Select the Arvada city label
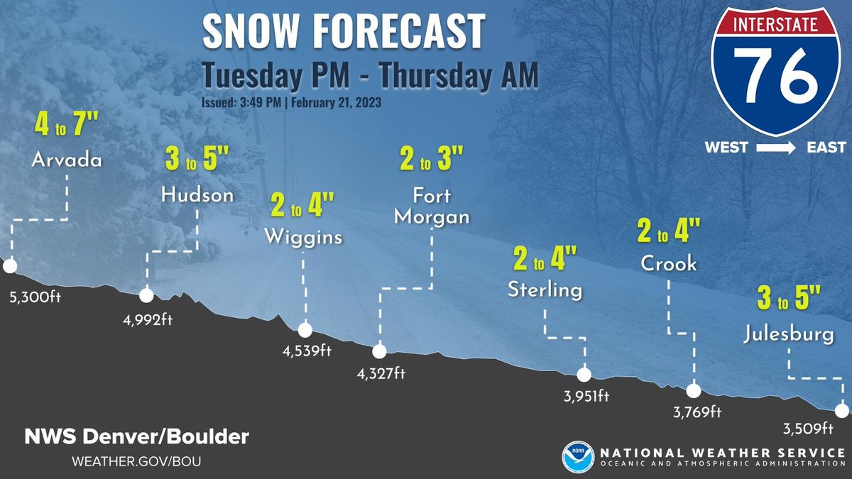[x=67, y=160]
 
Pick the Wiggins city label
[x=303, y=236]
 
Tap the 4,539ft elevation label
[x=307, y=351]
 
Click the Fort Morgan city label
[x=432, y=206]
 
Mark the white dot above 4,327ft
[x=379, y=351]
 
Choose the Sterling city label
[x=545, y=290]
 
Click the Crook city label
[x=669, y=263]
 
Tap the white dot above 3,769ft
[x=693, y=390]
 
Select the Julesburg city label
[x=790, y=334]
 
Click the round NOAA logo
[x=577, y=456]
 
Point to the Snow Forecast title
[x=344, y=31]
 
